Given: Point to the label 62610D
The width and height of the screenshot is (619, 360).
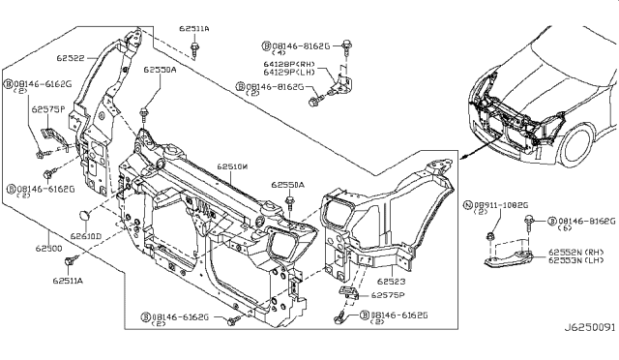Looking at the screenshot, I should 86,235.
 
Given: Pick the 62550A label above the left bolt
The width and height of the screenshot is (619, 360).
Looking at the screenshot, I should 160,71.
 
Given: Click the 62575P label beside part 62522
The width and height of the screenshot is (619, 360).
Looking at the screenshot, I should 47,110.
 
